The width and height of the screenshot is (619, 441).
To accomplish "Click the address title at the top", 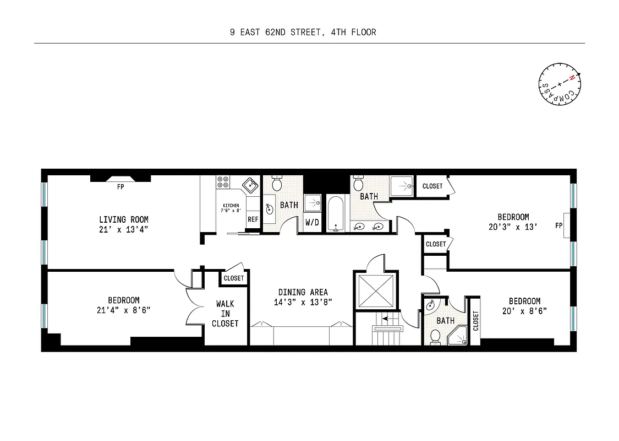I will coord(303,32).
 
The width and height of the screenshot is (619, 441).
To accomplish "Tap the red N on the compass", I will coord(572,78).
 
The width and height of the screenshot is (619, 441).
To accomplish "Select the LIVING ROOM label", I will coord(124,219).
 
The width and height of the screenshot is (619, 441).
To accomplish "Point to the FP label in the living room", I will coord(120,187).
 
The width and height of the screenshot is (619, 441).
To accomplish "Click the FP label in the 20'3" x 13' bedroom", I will coord(559,225).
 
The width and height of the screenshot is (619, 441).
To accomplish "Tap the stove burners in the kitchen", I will coord(223,182).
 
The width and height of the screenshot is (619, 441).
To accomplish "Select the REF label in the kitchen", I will coord(253,219).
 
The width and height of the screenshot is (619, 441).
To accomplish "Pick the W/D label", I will coord(312,223).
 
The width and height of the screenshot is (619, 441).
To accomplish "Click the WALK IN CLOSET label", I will coord(225,314).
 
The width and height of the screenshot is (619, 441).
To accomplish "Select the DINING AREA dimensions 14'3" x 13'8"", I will coord(303,302).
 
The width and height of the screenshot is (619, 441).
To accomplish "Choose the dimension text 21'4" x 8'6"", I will coord(124,310).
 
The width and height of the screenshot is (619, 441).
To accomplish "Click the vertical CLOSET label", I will coord(475,320).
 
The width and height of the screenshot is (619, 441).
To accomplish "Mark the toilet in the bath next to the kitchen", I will coord(277,184).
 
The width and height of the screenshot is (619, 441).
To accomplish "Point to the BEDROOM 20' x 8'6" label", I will coord(524,305).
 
